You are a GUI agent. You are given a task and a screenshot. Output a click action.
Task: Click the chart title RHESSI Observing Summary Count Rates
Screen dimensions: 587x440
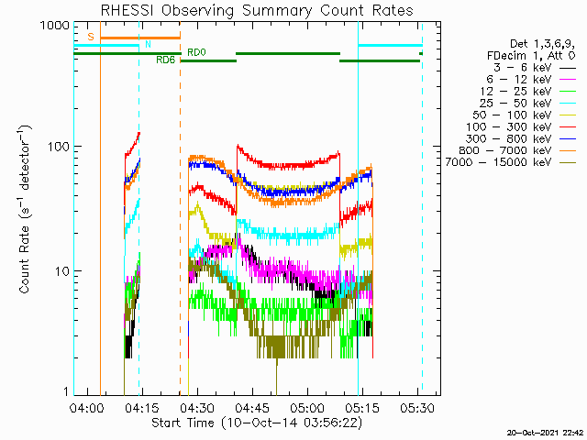[257, 10]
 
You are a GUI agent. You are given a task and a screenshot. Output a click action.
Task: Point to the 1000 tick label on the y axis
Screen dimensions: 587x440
[55, 26]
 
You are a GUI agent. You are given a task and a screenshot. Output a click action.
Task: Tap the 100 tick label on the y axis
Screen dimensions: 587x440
[59, 147]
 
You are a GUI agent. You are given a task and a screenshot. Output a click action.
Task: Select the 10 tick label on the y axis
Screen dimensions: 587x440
[62, 271]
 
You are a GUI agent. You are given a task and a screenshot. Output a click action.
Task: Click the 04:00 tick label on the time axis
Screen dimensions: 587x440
[87, 407]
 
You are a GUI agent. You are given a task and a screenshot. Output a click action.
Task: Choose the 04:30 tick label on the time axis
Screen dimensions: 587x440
[198, 407]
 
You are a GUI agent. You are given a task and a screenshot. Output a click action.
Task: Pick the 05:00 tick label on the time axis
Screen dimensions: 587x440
[308, 407]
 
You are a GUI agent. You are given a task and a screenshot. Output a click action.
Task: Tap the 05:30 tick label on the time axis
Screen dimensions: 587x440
[417, 407]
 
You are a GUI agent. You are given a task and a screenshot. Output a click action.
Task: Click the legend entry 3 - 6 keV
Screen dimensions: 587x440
[523, 68]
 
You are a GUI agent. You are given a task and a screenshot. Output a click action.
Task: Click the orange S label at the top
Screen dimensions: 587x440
[91, 37]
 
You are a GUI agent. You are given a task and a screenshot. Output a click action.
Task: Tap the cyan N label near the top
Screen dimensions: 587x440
[148, 44]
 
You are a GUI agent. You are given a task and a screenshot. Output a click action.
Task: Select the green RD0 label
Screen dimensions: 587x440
[196, 52]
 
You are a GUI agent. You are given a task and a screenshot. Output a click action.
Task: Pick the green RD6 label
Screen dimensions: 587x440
[165, 60]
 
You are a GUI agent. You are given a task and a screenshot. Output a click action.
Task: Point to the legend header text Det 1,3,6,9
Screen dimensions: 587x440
[543, 44]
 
